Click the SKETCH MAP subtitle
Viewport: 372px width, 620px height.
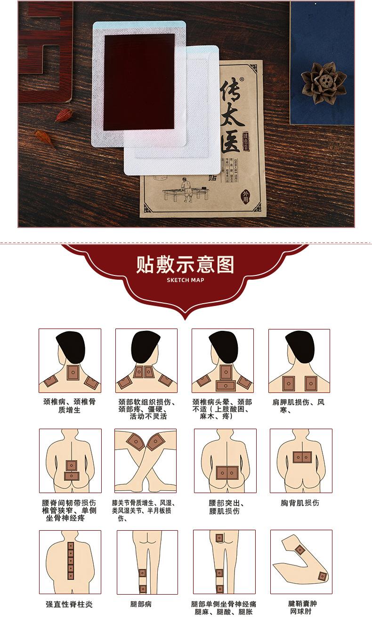(186, 280)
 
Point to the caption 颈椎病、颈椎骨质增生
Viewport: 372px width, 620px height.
(69, 406)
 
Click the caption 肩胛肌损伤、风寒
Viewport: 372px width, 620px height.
(299, 406)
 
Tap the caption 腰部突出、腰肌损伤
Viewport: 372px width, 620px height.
(225, 507)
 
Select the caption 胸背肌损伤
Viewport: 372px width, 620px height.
(300, 502)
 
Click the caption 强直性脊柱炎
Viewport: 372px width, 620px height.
(69, 604)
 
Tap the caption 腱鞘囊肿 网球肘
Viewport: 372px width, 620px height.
(300, 607)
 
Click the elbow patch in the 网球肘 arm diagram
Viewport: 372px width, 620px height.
(322, 576)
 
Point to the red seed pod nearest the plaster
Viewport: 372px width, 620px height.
(64, 115)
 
